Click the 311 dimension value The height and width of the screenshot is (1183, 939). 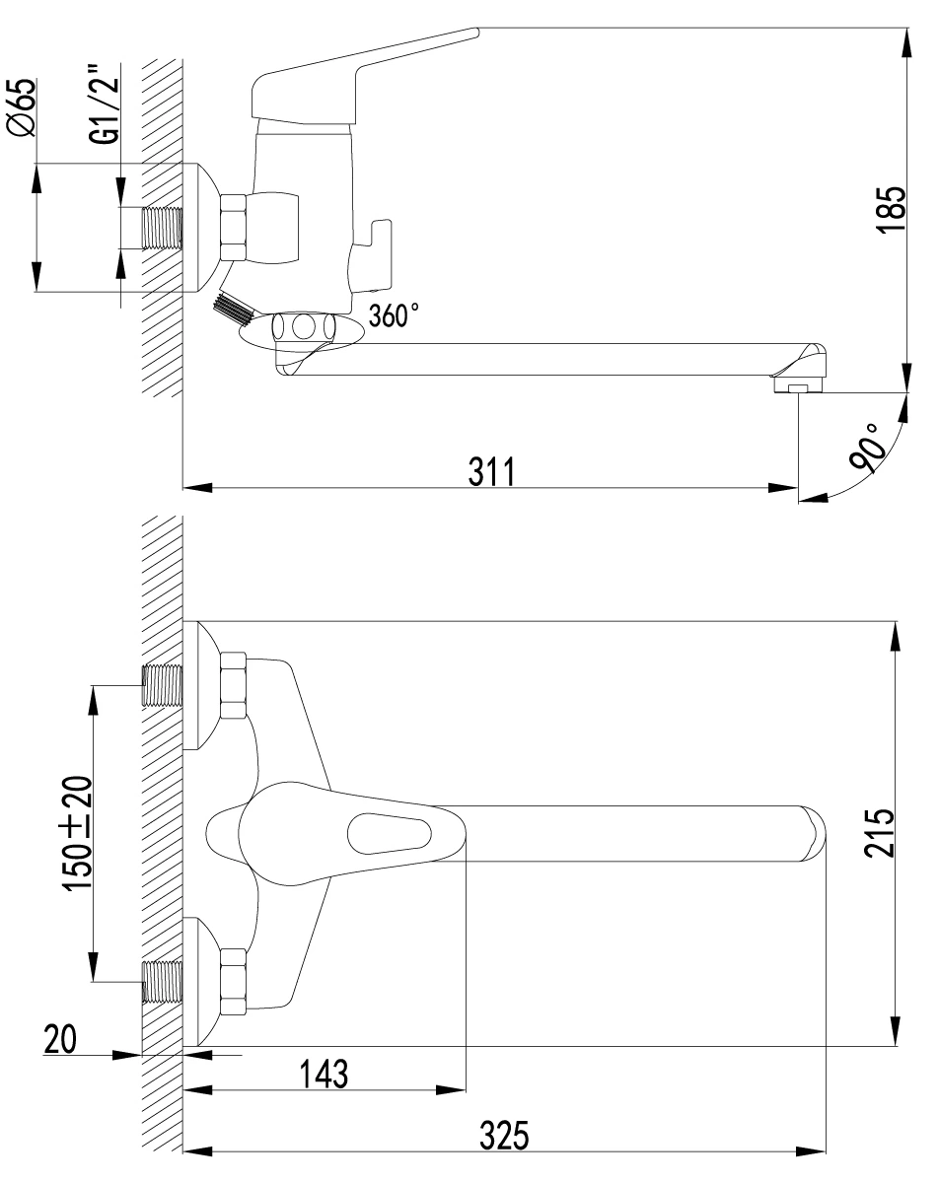[491, 471]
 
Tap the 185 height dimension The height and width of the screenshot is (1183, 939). [891, 211]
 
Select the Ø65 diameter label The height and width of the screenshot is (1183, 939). [21, 107]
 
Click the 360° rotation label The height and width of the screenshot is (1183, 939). [394, 315]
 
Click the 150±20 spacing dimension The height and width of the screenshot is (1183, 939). [77, 833]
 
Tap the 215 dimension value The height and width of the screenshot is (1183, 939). [879, 833]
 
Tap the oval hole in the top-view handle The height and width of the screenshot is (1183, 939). [390, 834]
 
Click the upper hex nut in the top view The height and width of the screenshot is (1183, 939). [233, 685]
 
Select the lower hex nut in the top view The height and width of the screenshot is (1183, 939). [233, 982]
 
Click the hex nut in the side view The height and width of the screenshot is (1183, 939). [233, 228]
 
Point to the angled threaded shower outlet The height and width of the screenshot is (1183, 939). [233, 309]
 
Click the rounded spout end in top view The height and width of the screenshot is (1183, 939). [813, 833]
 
